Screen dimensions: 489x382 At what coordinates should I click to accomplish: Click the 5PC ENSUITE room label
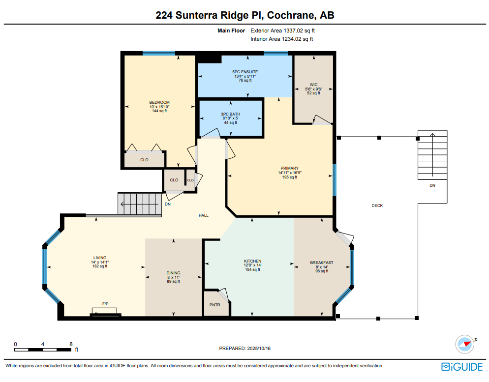[245, 72]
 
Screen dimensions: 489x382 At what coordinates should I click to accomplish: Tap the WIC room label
[313, 85]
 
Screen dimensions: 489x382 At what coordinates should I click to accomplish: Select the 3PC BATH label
[230, 115]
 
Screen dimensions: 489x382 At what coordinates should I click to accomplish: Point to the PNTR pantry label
[215, 305]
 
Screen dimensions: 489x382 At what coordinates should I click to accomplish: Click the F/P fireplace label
[105, 304]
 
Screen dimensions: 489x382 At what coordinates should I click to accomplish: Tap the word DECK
[377, 206]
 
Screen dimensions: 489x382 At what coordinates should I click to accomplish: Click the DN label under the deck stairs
[432, 185]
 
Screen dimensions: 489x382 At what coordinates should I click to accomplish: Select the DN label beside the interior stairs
[167, 204]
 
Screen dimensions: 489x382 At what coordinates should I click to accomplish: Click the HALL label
[203, 215]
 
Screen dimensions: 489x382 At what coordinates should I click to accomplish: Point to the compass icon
[465, 344]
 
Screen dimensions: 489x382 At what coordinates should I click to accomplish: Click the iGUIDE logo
[462, 367]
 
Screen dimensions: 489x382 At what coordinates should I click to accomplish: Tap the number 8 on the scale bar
[71, 344]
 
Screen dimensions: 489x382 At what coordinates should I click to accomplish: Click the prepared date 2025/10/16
[259, 349]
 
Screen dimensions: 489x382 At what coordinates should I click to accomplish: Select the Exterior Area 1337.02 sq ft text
[282, 30]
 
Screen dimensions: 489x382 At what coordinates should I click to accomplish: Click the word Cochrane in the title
[291, 15]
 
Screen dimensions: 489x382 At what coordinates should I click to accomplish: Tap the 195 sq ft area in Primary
[289, 177]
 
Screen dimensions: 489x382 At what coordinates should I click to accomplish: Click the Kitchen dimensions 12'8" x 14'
[252, 265]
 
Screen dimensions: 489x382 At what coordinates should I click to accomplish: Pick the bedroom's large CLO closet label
[144, 160]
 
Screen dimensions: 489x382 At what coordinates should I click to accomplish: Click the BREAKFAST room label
[322, 263]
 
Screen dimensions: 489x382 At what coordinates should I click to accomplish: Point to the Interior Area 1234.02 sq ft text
[281, 39]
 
